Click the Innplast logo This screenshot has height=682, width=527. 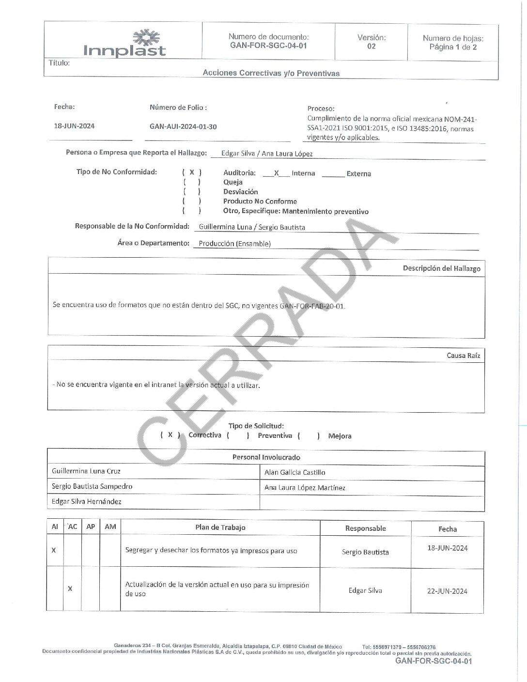pyautogui.click(x=125, y=44)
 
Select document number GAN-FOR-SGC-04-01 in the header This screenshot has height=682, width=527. pyautogui.click(x=268, y=46)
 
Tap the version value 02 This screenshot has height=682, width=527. pyautogui.click(x=371, y=46)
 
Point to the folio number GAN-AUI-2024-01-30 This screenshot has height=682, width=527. pyautogui.click(x=183, y=127)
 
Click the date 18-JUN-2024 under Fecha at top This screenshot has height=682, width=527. pyautogui.click(x=74, y=126)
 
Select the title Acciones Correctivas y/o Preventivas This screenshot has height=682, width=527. pyautogui.click(x=271, y=73)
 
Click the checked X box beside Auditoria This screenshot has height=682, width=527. pyautogui.click(x=192, y=172)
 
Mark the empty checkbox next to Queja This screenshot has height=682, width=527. pyautogui.click(x=192, y=182)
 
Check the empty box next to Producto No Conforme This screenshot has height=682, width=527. pyautogui.click(x=192, y=201)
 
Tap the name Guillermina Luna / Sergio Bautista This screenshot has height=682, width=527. pyautogui.click(x=252, y=227)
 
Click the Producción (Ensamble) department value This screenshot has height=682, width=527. pyautogui.click(x=234, y=244)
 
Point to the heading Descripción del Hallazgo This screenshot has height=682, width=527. pyautogui.click(x=441, y=268)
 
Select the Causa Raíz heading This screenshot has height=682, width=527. pyautogui.click(x=463, y=356)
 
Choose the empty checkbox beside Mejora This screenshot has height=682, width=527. pyautogui.click(x=309, y=436)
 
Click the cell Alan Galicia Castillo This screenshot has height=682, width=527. pyautogui.click(x=294, y=472)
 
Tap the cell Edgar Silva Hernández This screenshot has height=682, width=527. pyautogui.click(x=87, y=502)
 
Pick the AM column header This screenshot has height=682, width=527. pyautogui.click(x=110, y=527)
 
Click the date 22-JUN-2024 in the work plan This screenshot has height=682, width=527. pyautogui.click(x=447, y=591)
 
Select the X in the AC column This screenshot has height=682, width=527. pyautogui.click(x=70, y=589)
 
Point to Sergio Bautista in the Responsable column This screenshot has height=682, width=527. pyautogui.click(x=365, y=552)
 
